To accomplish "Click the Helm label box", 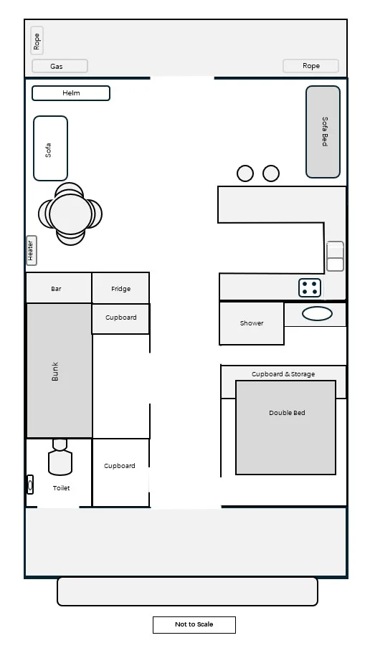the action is point(71,93).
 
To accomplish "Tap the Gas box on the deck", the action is point(60,66).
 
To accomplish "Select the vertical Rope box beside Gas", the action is point(37,41).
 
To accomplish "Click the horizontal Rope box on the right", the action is point(310,66).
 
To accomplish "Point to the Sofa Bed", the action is point(323,132).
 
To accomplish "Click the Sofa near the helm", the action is point(50,148).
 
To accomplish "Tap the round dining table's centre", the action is point(70,214).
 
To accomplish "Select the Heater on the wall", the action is point(32,250).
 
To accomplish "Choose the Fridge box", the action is point(120,287).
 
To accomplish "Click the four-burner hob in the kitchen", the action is point(310,287).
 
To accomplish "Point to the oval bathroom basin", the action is point(317,313).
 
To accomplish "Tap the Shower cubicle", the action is point(252,323).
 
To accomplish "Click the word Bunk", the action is point(55,371).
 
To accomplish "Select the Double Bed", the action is point(286,427).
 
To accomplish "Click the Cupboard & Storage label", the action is point(283,374).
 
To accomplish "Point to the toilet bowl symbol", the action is point(60,457).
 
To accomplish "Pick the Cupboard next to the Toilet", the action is point(120,472).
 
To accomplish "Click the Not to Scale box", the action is point(194,624).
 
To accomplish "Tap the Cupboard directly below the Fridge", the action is point(120,318).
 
